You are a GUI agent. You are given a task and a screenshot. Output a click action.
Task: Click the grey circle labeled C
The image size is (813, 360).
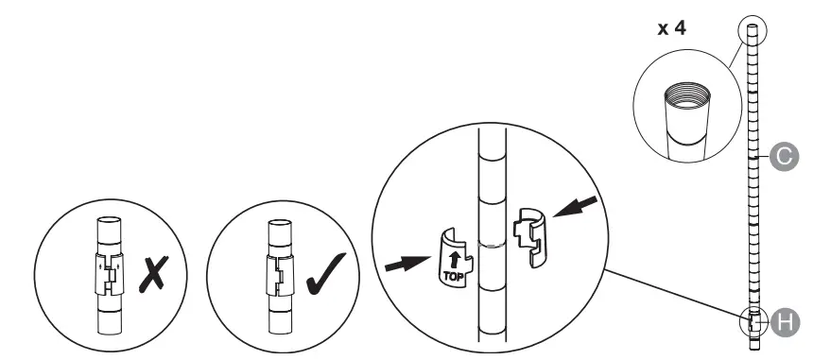pyautogui.click(x=784, y=156)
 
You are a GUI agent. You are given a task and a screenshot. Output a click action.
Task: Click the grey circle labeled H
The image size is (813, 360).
pyautogui.click(x=785, y=322)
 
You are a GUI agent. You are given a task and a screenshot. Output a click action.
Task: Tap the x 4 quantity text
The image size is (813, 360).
pyautogui.click(x=671, y=27)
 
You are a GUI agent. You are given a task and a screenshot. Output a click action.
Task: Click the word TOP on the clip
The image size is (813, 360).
pyautogui.click(x=453, y=277)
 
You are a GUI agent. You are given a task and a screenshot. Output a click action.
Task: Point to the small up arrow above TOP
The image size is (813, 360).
pyautogui.click(x=455, y=260)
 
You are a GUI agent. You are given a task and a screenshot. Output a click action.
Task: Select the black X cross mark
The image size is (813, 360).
pyautogui.click(x=153, y=274)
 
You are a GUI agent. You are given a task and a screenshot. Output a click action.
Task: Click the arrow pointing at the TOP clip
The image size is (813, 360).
pyautogui.click(x=407, y=264)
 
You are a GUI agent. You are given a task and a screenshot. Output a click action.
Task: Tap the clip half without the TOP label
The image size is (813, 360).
pyautogui.click(x=529, y=237)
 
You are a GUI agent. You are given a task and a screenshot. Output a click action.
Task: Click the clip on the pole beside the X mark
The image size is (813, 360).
pyautogui.click(x=110, y=274)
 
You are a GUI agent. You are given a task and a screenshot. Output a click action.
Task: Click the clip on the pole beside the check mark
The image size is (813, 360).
pyautogui.click(x=280, y=275)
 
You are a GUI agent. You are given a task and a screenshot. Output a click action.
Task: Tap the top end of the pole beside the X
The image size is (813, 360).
pyautogui.click(x=110, y=220)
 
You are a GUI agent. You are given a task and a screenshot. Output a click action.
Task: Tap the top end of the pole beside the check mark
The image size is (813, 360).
pyautogui.click(x=280, y=223)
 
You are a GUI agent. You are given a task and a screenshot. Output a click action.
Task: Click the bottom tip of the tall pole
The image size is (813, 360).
pyautogui.click(x=752, y=350)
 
